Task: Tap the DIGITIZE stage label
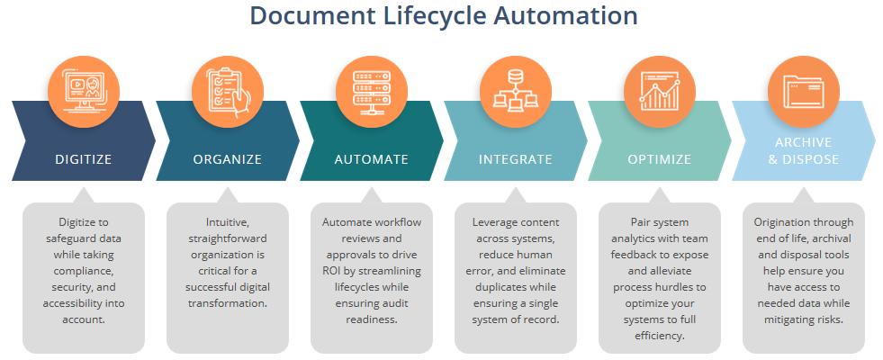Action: tap(84, 159)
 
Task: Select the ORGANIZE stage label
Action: tap(228, 159)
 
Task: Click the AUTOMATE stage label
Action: tap(371, 159)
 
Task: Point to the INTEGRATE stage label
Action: tap(515, 159)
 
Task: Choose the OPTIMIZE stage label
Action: tap(660, 159)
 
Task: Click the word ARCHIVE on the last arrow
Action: tap(803, 142)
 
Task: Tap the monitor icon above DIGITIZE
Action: tap(84, 92)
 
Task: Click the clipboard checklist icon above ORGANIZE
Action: tap(228, 92)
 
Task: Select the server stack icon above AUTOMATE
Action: tap(372, 92)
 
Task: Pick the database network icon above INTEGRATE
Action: tap(515, 89)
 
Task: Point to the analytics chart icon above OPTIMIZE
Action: tap(660, 91)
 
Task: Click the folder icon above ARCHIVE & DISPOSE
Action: tap(804, 92)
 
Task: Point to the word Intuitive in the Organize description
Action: tap(227, 222)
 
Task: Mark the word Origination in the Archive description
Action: tap(779, 222)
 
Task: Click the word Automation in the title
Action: tap(565, 15)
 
